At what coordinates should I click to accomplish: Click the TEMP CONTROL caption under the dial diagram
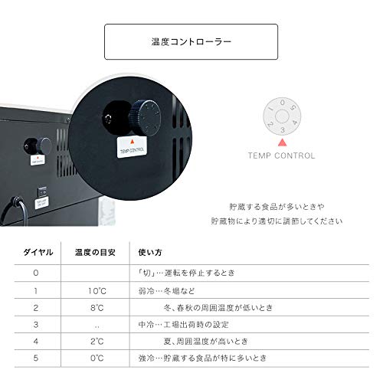[282, 155]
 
